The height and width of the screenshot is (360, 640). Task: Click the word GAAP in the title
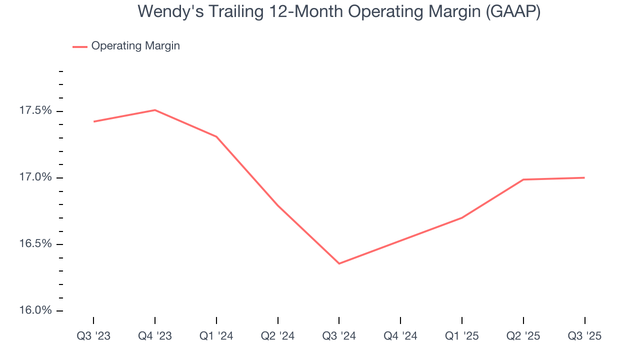511,11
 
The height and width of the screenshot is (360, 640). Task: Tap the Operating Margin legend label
135,46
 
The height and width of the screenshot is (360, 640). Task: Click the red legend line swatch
80,46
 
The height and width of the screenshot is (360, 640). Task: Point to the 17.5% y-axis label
35,110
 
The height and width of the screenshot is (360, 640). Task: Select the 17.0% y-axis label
35,177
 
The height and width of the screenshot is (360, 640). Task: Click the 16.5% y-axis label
35,244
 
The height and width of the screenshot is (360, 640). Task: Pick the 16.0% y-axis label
35,310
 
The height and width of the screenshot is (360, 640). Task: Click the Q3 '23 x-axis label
93,336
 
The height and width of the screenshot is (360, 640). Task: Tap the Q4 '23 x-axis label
155,336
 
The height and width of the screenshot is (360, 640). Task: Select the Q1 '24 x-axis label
216,336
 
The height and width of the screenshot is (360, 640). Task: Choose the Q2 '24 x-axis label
278,336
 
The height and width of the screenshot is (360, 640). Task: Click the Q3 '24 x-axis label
339,336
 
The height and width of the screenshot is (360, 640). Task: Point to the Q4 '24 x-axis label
400,336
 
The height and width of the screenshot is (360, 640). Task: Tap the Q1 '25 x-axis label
462,336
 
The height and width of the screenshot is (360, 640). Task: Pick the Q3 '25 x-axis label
584,336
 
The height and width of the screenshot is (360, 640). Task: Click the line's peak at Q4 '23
155,110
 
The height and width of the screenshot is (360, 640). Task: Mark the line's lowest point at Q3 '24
339,263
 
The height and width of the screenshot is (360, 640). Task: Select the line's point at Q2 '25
523,179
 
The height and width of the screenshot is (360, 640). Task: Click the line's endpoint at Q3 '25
584,177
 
